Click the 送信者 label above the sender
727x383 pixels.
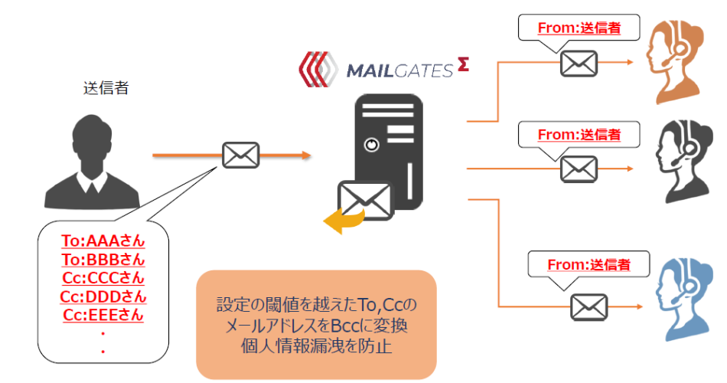(x=105, y=88)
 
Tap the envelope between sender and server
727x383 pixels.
(x=240, y=155)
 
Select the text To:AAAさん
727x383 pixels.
(x=103, y=241)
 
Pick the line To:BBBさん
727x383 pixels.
(x=103, y=259)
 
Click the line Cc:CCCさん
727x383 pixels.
(x=103, y=277)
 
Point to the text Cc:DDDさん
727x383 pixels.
(x=103, y=296)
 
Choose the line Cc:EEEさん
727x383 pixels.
(x=103, y=314)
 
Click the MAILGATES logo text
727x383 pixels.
(x=399, y=70)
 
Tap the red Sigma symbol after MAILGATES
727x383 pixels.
(x=463, y=67)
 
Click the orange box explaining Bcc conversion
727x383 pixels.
(x=316, y=325)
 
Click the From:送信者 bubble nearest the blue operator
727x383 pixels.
(x=588, y=266)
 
